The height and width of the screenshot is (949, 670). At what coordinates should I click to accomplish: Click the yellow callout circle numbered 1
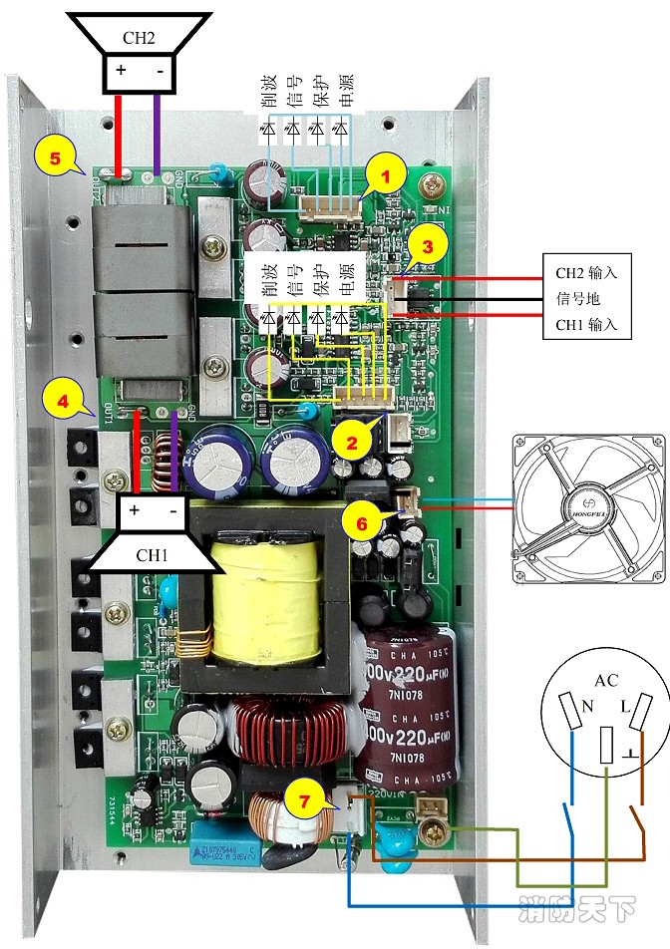[x=385, y=175]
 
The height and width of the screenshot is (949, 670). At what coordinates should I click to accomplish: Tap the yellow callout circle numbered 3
[x=427, y=248]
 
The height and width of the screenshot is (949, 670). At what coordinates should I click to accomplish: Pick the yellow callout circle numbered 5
[x=54, y=158]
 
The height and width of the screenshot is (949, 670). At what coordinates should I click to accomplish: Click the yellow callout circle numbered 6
[x=362, y=519]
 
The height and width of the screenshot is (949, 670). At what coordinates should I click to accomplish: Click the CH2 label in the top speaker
[x=139, y=39]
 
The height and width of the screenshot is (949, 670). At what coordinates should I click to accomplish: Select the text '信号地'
[x=578, y=298]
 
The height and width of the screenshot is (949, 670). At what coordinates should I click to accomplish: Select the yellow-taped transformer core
[x=265, y=599]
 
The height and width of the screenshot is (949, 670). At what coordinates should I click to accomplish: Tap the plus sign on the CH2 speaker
[x=121, y=71]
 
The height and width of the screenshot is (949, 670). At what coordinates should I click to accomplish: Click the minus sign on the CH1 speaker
[x=173, y=510]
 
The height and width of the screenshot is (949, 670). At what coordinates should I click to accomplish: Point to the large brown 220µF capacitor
[x=404, y=703]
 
